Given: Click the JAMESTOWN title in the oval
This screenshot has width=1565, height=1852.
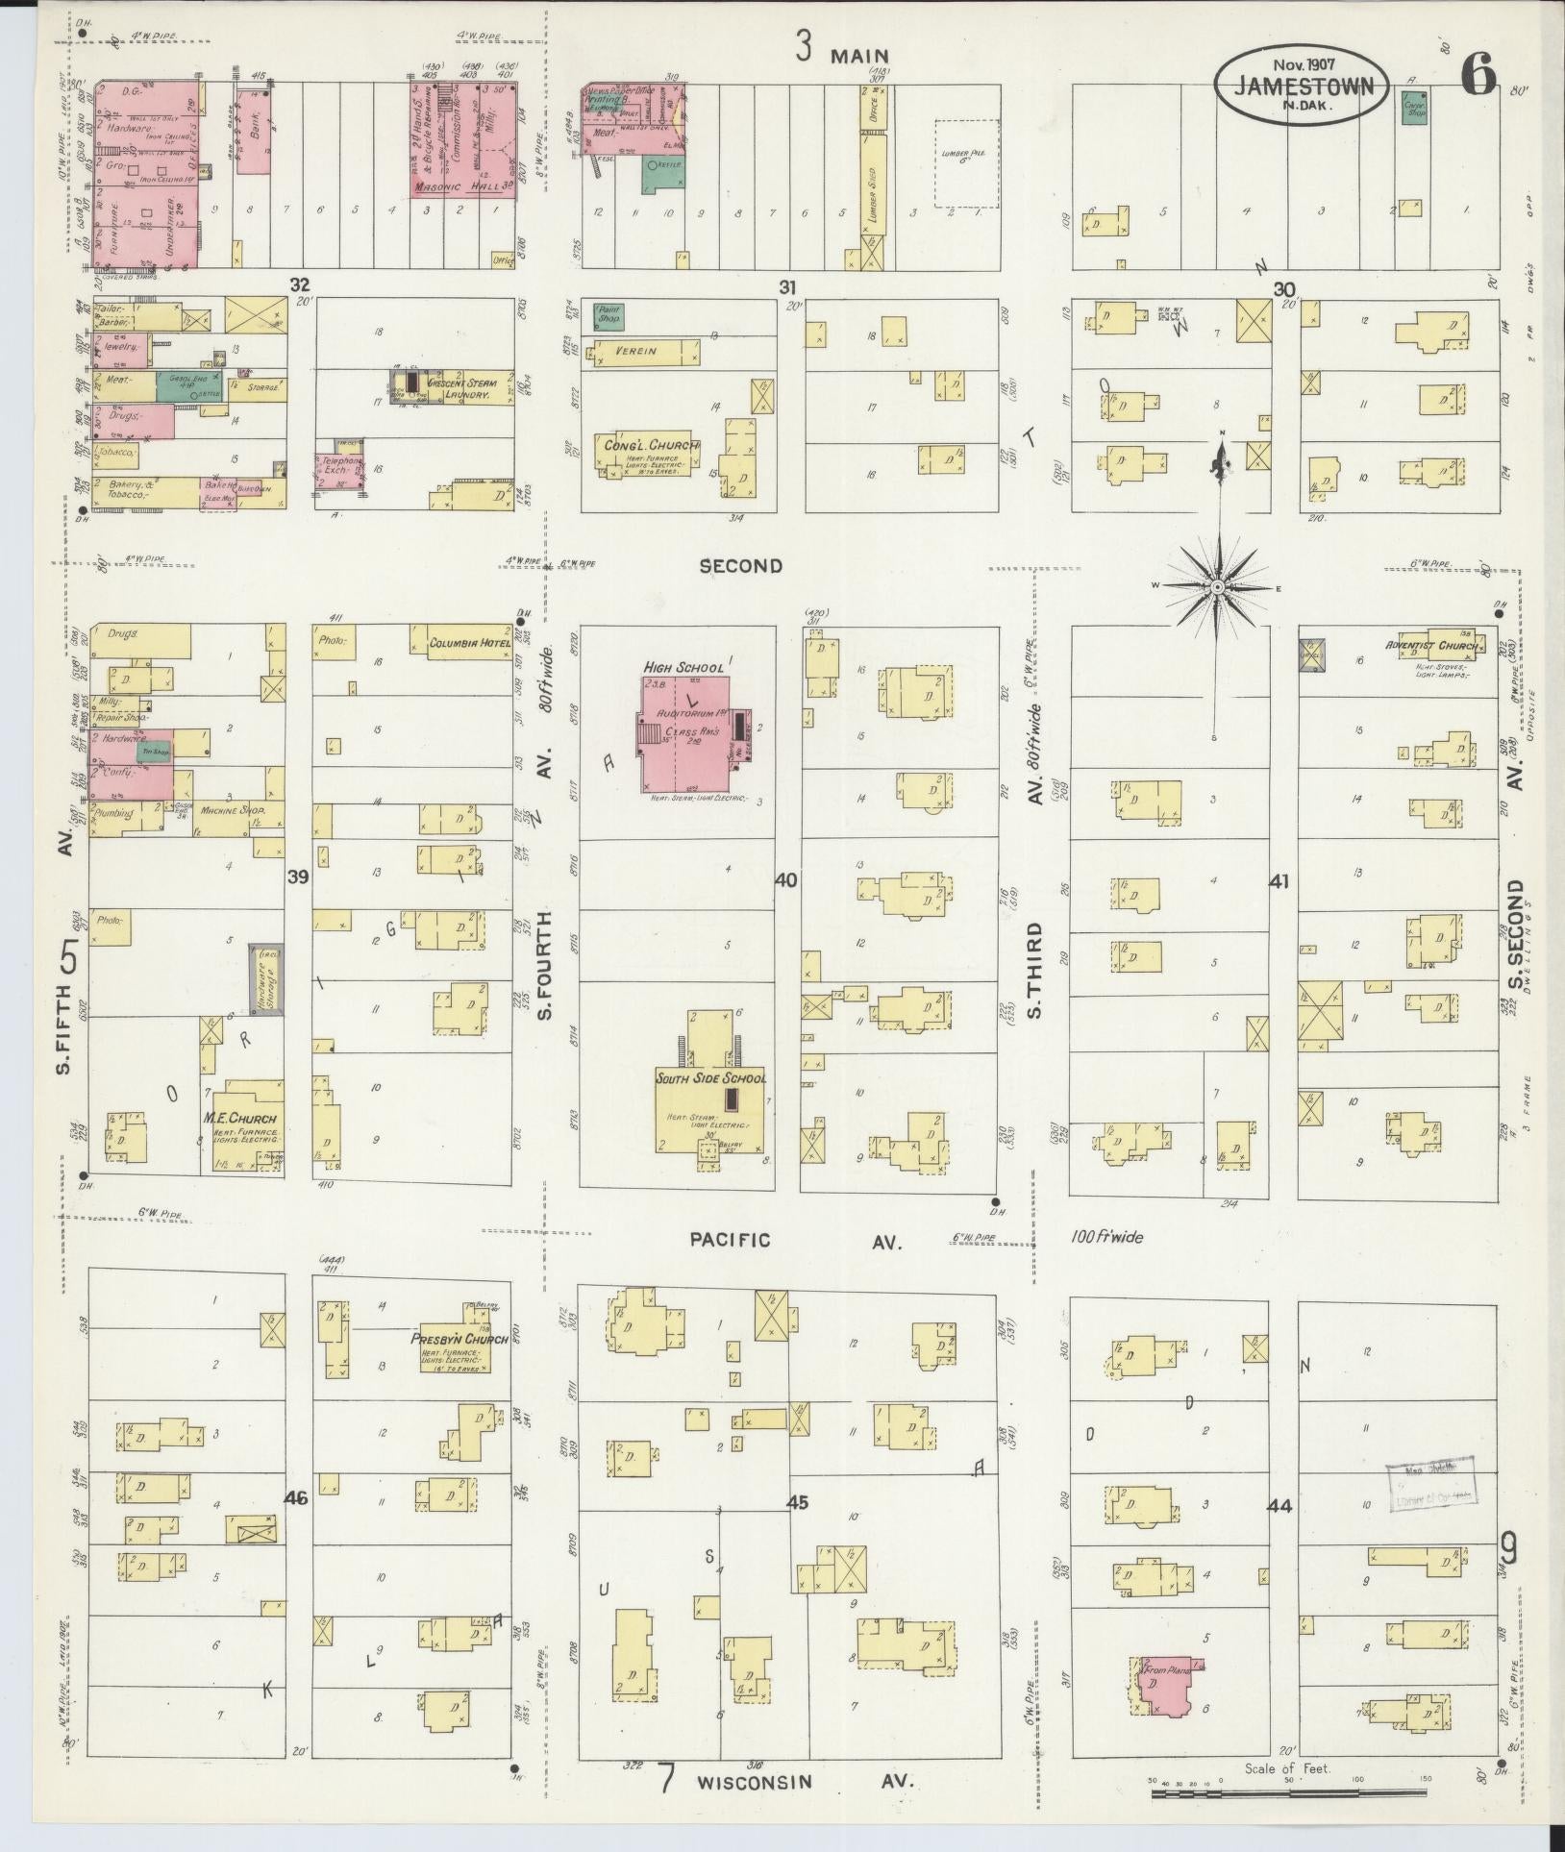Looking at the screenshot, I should pos(1303,86).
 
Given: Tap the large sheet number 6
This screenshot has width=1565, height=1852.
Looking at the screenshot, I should pos(1478,75).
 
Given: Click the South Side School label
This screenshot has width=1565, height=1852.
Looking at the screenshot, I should pos(710,1078).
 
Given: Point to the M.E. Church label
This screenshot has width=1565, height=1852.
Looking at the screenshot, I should pos(239,1118).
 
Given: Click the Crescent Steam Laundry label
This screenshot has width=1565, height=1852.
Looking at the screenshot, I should pos(465,388).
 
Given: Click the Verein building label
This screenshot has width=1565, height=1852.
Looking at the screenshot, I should pos(635,351).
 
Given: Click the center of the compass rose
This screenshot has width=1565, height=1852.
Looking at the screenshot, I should pos(1217,586).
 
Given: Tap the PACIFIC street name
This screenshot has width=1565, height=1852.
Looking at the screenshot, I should pos(730,1240).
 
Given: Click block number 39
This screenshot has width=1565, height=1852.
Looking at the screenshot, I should pos(298,877).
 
